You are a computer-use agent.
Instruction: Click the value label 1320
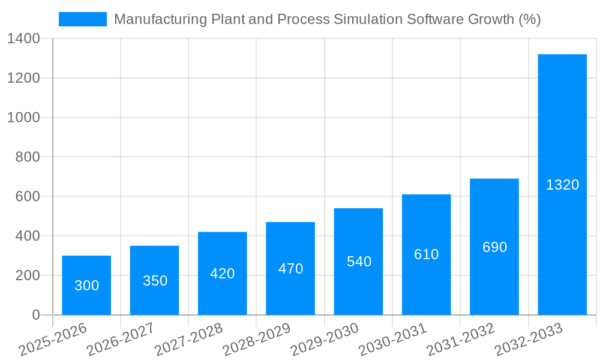coord(562,185)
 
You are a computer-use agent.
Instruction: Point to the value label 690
coord(494,247)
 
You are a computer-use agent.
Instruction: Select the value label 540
coord(359,262)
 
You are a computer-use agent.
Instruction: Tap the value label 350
coord(155,281)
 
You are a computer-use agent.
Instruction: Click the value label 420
coord(222,274)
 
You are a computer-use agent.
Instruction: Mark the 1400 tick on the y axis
coord(23,39)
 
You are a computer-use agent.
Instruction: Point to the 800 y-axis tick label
coord(28,157)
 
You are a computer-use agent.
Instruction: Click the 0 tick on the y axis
coord(35,315)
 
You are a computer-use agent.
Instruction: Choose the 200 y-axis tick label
coord(28,275)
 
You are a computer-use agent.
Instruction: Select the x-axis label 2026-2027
coord(121,340)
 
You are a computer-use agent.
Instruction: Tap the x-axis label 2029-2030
coord(325,340)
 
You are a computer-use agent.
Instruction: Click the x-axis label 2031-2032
coord(461,340)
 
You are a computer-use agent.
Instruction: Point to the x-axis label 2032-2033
coord(529,340)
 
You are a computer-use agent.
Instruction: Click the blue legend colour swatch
coord(82,19)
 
